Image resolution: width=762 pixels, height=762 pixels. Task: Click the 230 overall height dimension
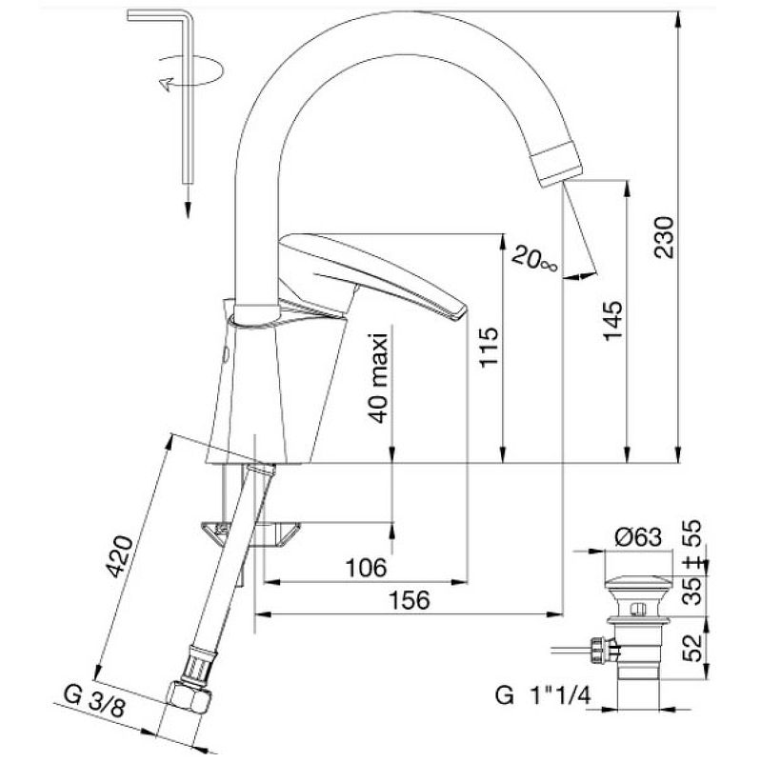point(664,237)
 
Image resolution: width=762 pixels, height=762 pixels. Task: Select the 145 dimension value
point(612,321)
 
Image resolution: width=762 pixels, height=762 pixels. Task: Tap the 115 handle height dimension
point(489,347)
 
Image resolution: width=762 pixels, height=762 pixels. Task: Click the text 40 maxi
point(379,378)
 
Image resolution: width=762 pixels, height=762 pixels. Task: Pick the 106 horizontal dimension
point(366,567)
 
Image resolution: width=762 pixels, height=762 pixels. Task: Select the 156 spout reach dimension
point(410,600)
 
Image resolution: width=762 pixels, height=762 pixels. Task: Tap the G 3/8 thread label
point(94,702)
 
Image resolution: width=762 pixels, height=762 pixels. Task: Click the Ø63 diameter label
point(638,537)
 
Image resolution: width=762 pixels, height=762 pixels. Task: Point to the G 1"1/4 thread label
point(543,695)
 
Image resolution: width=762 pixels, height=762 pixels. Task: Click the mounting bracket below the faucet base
point(251,533)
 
